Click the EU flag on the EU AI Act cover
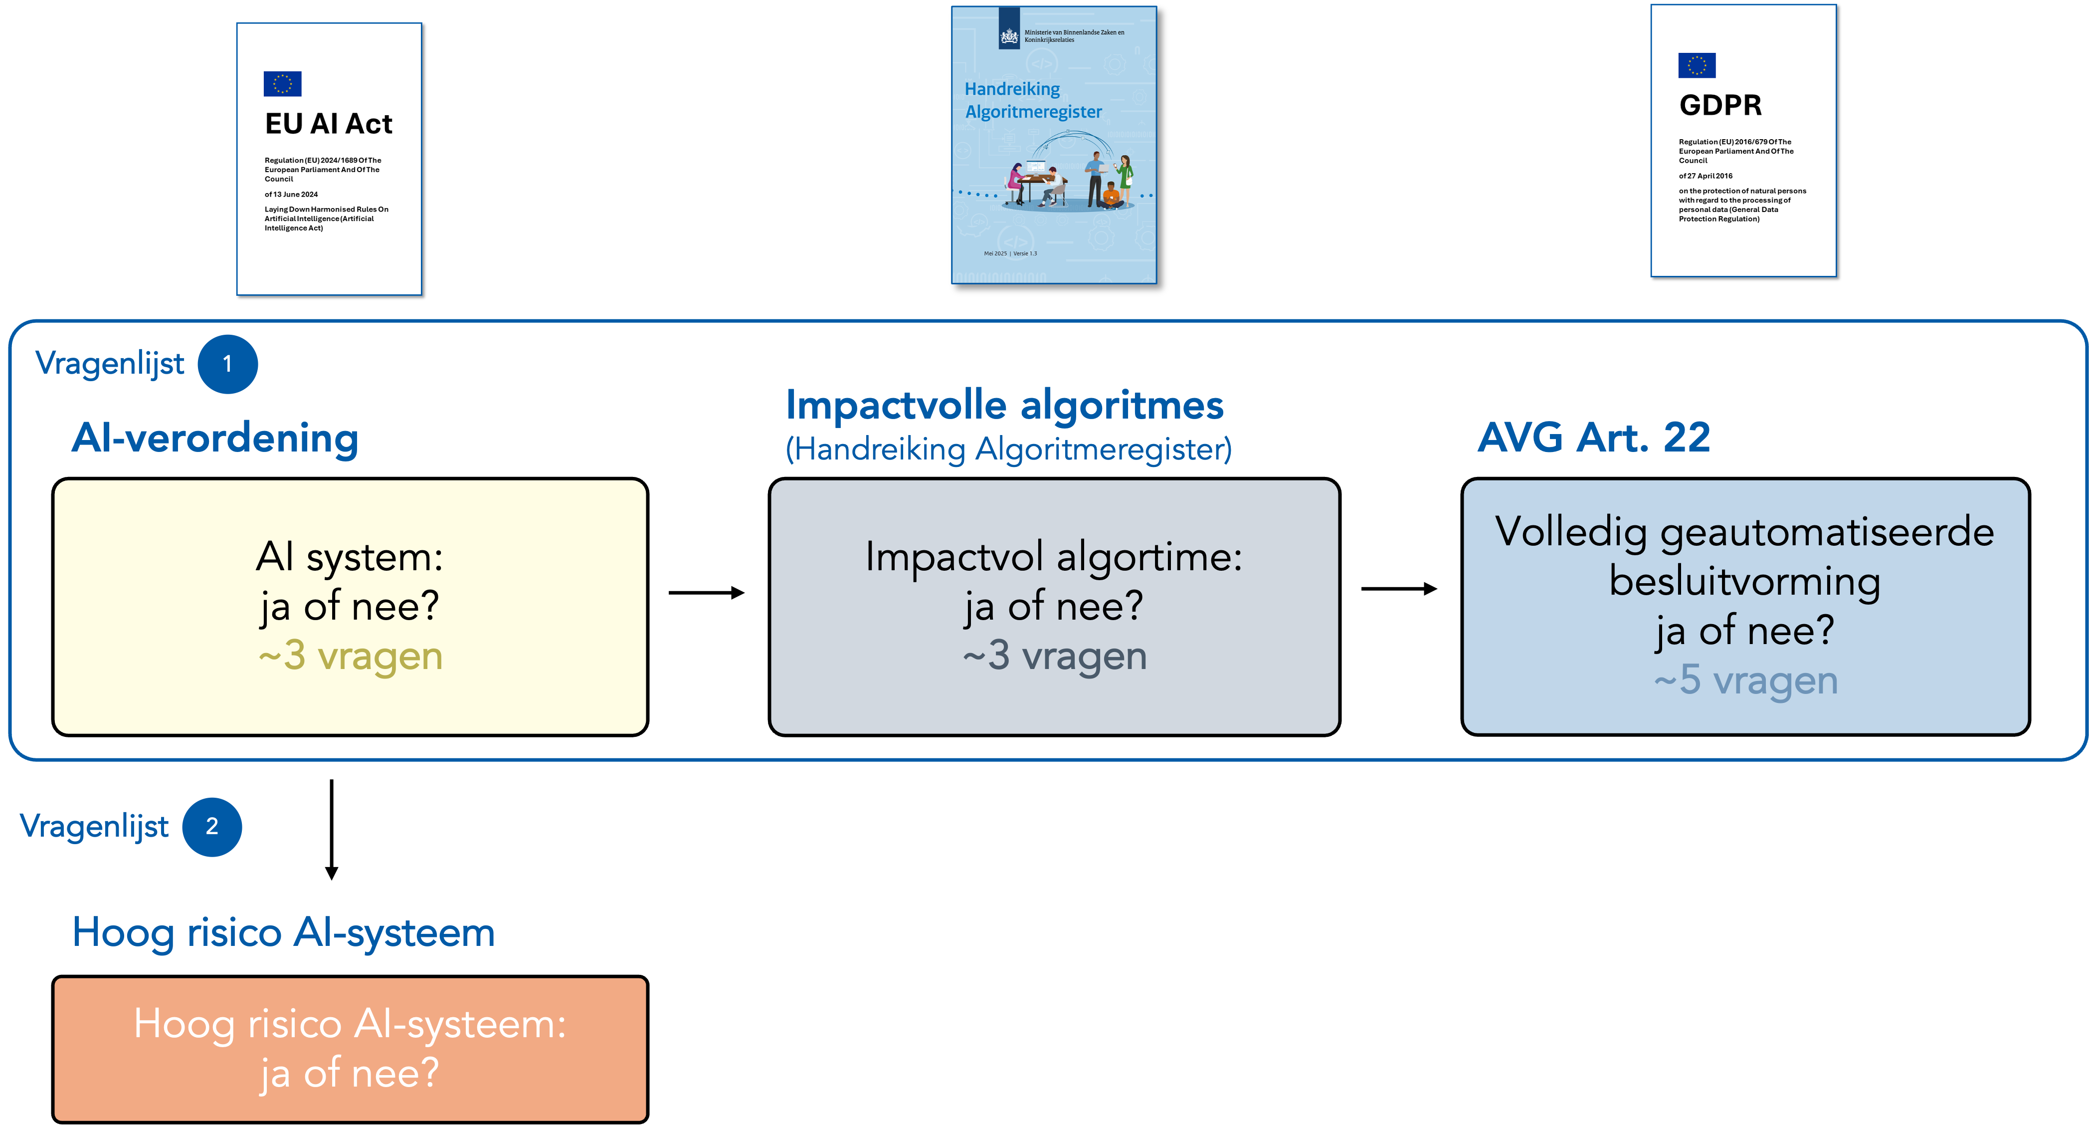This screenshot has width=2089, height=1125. coord(282,83)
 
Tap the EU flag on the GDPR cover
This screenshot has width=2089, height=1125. coord(1697,65)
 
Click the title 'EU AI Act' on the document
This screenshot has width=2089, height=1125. coord(329,124)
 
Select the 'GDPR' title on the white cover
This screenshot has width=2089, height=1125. coord(1720,105)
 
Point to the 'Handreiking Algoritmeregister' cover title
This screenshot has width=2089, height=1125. coord(1032,100)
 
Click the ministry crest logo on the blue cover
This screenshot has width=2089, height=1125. coord(1009,36)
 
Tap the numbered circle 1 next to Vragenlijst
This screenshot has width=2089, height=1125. coord(228,364)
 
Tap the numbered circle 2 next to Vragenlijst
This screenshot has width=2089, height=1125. coord(211,827)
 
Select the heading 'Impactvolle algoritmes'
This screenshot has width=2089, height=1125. coord(1004,405)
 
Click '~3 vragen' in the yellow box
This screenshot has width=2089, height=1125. coord(351,656)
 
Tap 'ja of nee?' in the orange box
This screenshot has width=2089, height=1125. coord(350,1073)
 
